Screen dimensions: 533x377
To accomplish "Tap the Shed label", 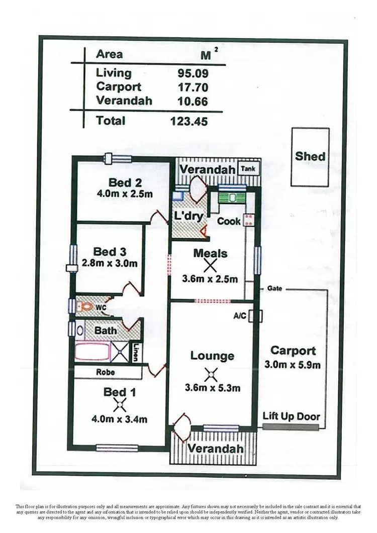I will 310,156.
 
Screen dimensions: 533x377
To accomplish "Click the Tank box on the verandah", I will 249,169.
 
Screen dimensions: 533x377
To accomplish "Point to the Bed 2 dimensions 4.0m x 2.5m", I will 124,194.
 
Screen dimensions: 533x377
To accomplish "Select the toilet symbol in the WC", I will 86,305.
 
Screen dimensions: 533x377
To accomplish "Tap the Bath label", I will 106,331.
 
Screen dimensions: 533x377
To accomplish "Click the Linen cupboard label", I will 136,352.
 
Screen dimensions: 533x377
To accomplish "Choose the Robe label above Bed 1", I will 106,373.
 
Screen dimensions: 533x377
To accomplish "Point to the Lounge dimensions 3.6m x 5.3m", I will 212,388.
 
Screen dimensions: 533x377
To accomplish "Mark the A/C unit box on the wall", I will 258,315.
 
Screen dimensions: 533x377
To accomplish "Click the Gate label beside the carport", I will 274,289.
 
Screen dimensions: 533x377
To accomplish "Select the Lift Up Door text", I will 291,416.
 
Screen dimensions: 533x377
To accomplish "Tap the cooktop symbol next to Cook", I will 248,220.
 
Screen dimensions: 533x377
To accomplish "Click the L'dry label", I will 189,217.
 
